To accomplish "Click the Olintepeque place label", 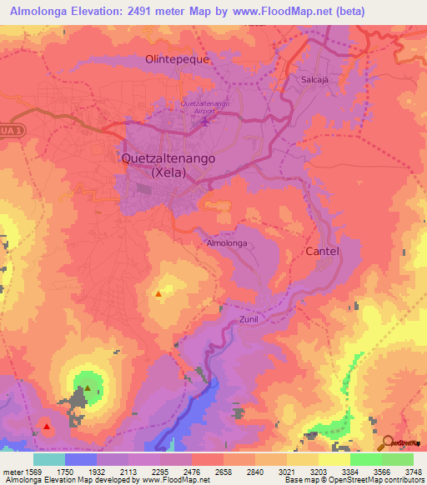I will [178, 60].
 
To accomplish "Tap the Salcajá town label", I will [318, 79].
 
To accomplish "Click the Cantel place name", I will [323, 251].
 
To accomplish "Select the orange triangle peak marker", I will [158, 294].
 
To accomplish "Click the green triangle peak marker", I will [87, 388].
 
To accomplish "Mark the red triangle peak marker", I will [47, 427].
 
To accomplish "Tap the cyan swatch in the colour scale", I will [49, 458].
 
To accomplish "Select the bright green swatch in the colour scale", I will [365, 458].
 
